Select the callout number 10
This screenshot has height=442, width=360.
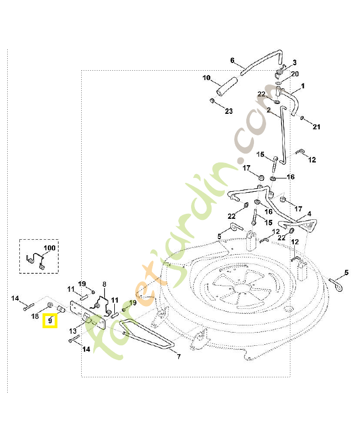207,78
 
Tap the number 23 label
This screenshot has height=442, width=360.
229,111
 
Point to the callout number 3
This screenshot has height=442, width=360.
294,62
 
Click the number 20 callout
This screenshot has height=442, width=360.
294,73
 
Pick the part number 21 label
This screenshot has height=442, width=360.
316,127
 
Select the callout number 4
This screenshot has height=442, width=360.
309,213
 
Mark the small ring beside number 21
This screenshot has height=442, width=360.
303,118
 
